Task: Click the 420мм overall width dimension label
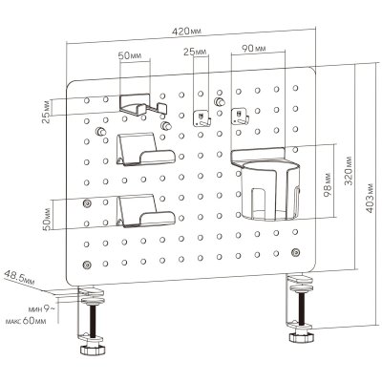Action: point(187,31)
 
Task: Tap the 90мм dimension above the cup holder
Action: point(254,49)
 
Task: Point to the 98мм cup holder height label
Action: point(328,184)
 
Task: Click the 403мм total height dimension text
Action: point(371,199)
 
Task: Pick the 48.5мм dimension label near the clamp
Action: point(19,277)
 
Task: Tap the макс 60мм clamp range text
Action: point(26,321)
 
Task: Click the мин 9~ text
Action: point(40,308)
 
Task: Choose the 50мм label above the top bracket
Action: point(130,56)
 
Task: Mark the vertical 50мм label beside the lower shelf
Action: point(47,219)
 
